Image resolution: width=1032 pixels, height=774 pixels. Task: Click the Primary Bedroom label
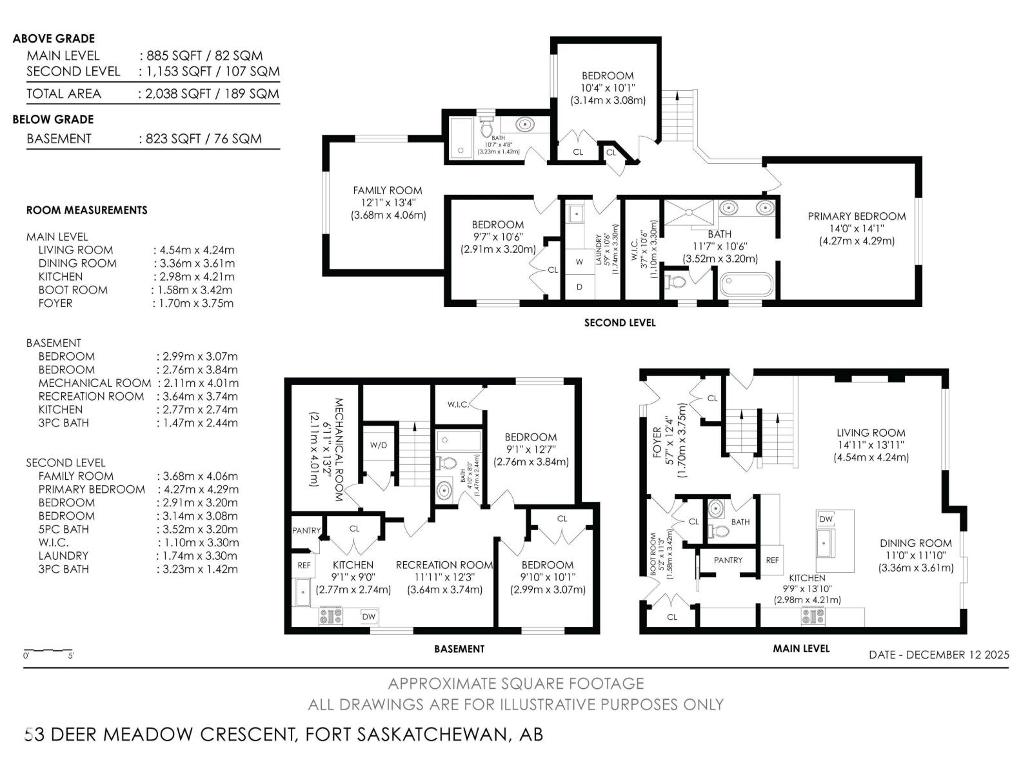point(857,217)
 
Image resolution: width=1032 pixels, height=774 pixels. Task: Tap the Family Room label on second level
point(387,191)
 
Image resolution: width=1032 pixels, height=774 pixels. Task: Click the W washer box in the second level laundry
point(579,262)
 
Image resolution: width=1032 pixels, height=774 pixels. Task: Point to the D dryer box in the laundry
point(579,287)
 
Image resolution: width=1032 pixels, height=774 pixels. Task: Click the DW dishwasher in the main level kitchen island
point(826,519)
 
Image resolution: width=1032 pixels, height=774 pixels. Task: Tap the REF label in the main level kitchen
point(772,561)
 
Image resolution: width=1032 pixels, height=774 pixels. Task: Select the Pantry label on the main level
point(728,561)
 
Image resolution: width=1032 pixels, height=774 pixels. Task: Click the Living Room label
point(871,433)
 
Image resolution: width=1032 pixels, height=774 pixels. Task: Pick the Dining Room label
point(915,543)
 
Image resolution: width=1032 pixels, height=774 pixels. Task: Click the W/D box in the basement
point(379,445)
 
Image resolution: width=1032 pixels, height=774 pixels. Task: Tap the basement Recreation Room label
point(444,565)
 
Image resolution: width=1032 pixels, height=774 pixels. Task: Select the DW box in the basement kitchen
point(368,617)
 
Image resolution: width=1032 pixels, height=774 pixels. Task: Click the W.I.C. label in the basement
point(458,404)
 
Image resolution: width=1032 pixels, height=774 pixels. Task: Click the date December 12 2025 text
point(938,655)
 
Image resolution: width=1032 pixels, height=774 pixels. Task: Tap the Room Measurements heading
point(86,210)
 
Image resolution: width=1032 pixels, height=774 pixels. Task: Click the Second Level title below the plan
point(619,322)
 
